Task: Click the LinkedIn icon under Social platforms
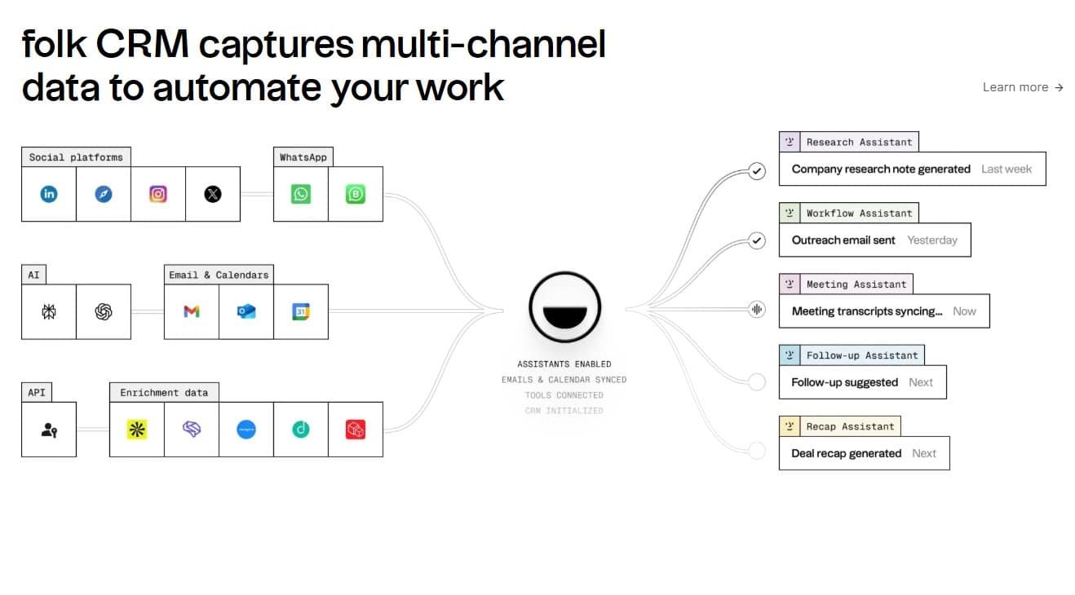(49, 194)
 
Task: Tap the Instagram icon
(158, 194)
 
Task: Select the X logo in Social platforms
(213, 194)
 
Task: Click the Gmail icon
(192, 311)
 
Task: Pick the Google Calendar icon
(301, 311)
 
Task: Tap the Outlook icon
(246, 311)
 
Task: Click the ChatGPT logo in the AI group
(104, 311)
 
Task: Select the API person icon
(49, 430)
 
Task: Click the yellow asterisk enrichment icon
(137, 430)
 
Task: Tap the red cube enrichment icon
(355, 430)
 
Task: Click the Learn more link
(1023, 87)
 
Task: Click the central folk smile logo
(564, 307)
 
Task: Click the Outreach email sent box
(874, 240)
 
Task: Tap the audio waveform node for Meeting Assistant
(757, 310)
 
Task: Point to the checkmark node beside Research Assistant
(757, 171)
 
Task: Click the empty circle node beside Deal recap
(757, 451)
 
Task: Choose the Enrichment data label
(164, 393)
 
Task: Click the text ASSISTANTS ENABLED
(564, 364)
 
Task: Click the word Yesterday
(932, 240)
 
